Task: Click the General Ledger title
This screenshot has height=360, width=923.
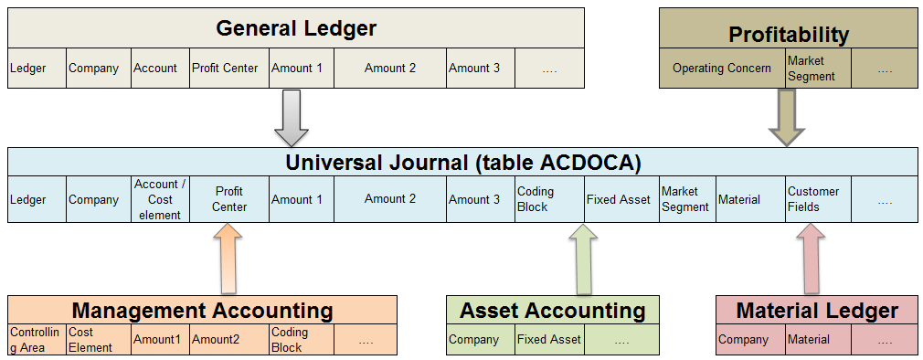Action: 296,28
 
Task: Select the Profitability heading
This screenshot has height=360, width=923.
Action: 788,35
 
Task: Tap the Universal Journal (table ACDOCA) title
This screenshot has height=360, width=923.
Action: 463,163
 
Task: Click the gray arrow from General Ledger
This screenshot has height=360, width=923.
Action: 292,117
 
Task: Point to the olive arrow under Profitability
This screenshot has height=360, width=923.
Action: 786,116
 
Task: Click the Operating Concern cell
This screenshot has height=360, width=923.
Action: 721,69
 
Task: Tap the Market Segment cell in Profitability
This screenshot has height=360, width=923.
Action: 817,69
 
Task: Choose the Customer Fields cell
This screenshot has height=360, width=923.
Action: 818,199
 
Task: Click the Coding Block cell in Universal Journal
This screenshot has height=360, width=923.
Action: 549,199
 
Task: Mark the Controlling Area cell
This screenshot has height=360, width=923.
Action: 36,340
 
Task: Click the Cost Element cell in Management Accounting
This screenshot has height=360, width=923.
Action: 97,340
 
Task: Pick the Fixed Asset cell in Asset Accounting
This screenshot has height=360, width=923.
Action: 549,340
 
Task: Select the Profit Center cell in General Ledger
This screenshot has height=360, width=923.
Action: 229,68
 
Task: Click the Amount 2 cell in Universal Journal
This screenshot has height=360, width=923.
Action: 390,199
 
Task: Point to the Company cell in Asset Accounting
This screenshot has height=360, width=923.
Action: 481,340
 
